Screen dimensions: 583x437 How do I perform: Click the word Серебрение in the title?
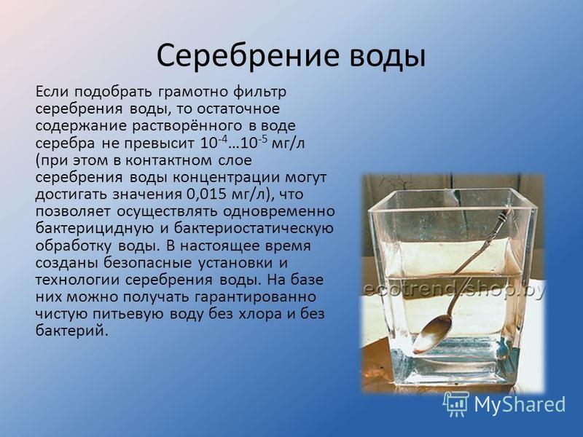point(248,56)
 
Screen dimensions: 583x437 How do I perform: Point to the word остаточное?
point(238,109)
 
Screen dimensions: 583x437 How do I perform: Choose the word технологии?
point(77,280)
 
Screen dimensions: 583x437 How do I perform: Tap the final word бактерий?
point(71,331)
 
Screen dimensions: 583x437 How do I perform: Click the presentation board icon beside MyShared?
point(456,404)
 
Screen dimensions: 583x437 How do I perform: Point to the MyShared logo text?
point(520,404)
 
